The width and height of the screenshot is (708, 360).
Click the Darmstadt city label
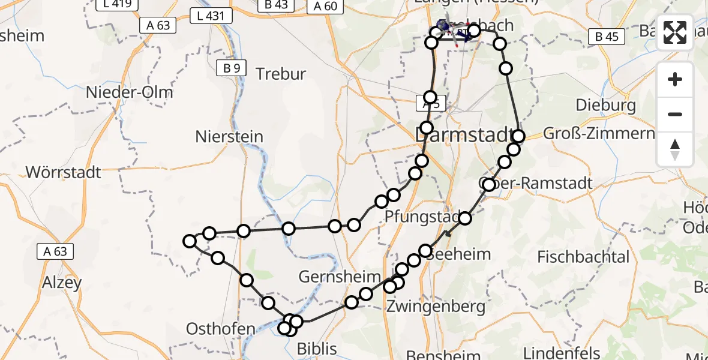[x=465, y=135]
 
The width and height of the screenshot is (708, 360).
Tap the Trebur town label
[x=281, y=74]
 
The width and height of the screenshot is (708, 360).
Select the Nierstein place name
[x=229, y=137]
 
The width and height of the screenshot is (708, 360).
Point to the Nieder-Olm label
[x=130, y=92]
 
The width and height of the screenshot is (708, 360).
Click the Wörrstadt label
[x=64, y=173]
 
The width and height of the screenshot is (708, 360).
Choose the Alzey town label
[x=62, y=283]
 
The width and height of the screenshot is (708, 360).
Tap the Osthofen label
[x=221, y=329]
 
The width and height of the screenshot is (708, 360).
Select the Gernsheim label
[x=340, y=277]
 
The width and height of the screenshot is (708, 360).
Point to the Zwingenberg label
[x=436, y=307]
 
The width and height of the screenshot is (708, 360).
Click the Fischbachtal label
[x=583, y=257]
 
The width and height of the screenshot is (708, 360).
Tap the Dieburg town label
[x=606, y=106]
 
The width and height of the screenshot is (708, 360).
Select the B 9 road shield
[x=231, y=68]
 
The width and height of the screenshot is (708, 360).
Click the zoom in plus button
[x=675, y=80]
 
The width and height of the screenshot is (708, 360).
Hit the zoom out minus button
[x=675, y=114]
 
